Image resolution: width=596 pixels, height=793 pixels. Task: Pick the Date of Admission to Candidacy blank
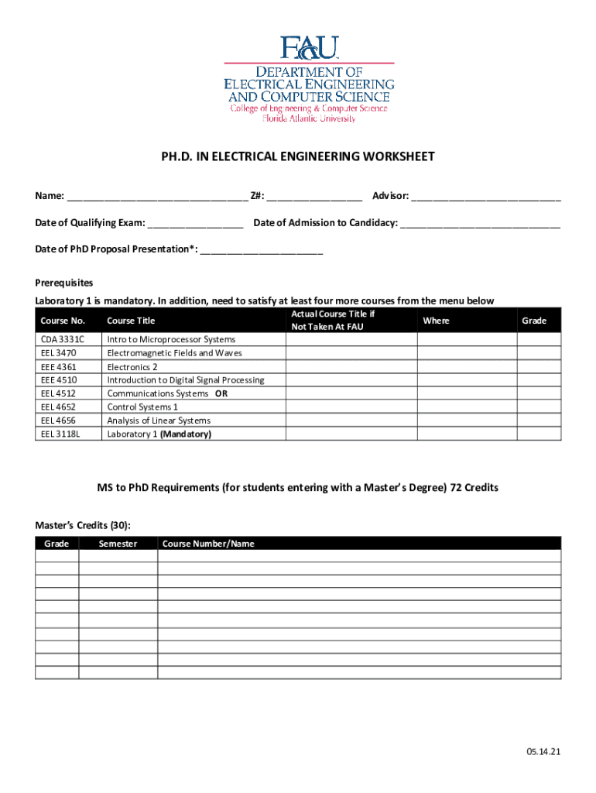point(480,224)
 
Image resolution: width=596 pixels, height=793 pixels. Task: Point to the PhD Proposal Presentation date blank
point(261,249)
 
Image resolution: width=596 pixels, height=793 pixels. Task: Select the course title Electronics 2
point(132,366)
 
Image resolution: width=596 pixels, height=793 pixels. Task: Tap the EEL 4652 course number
point(59,407)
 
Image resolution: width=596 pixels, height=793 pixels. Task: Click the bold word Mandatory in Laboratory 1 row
point(184,434)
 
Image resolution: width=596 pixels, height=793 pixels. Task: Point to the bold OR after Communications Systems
point(221,393)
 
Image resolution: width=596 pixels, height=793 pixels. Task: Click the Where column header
point(437,321)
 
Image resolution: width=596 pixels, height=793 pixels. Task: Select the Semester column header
point(118,544)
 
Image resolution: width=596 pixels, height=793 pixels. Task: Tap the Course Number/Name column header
point(207,544)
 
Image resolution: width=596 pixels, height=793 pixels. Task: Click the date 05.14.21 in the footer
point(543,752)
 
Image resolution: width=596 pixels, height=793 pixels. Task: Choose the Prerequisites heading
point(64,283)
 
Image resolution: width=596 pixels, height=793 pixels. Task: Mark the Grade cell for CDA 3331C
point(539,339)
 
